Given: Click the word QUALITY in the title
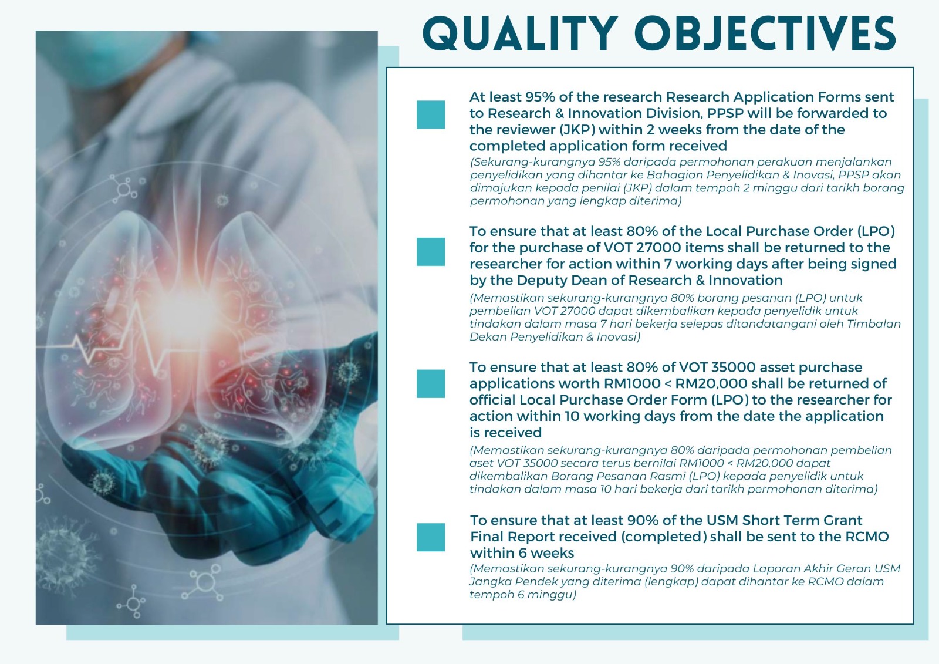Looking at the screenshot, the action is tap(520, 34).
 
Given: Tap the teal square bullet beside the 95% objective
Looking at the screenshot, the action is tap(431, 114).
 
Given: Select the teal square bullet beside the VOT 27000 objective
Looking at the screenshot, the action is tap(431, 252).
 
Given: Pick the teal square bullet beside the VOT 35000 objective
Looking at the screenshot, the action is tap(431, 383).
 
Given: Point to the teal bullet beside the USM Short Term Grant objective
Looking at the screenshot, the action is tap(431, 537).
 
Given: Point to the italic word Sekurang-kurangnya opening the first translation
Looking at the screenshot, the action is tap(532, 162).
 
